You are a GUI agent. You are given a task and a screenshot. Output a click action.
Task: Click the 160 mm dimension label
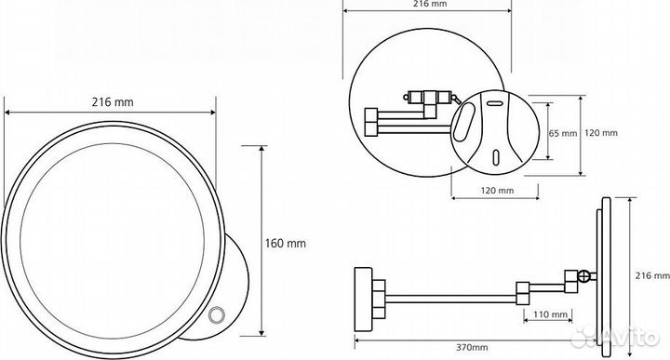point(286,244)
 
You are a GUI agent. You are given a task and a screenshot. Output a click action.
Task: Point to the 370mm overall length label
point(471,347)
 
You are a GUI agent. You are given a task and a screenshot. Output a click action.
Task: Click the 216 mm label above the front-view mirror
point(113,102)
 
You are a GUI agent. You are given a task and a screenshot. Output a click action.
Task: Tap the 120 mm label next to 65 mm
point(601,133)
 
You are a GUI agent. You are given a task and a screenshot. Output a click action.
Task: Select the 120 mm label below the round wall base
point(497,191)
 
